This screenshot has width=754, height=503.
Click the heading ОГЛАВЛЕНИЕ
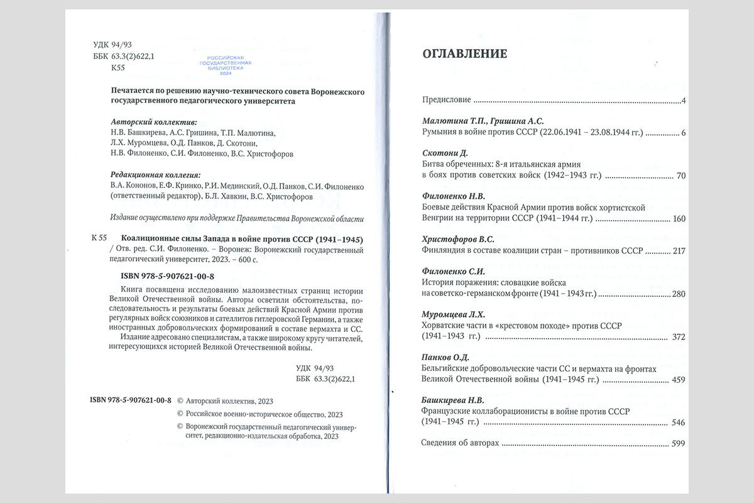(464, 54)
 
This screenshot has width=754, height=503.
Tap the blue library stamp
(225, 64)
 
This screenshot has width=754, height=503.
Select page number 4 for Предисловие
(682, 101)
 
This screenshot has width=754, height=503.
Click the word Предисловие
(444, 101)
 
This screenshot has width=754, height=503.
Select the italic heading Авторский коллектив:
(153, 122)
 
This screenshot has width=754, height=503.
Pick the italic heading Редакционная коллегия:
(158, 175)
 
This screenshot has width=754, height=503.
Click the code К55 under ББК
(117, 67)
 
